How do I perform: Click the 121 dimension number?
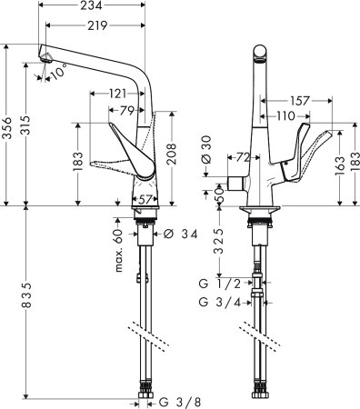116,94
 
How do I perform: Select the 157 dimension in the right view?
296,100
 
